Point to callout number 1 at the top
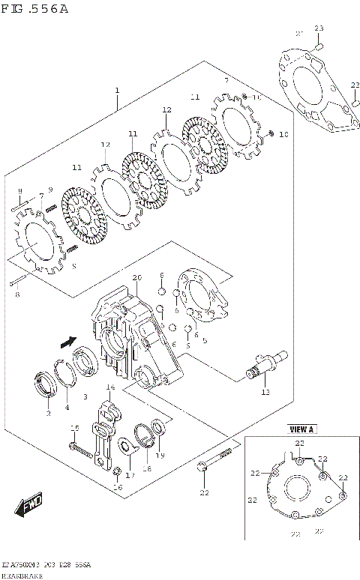coord(117,91)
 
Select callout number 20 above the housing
coord(136,278)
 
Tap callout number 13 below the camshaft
coord(264,392)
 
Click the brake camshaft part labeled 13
coord(267,364)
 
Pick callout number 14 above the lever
coord(109,387)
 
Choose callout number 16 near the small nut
coord(116,487)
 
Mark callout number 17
coord(129,474)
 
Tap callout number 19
coord(160,456)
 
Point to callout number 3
coord(85,396)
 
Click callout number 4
coord(66,407)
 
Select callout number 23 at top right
coord(318,28)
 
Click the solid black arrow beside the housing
coord(67,342)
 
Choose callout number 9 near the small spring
coord(50,189)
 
